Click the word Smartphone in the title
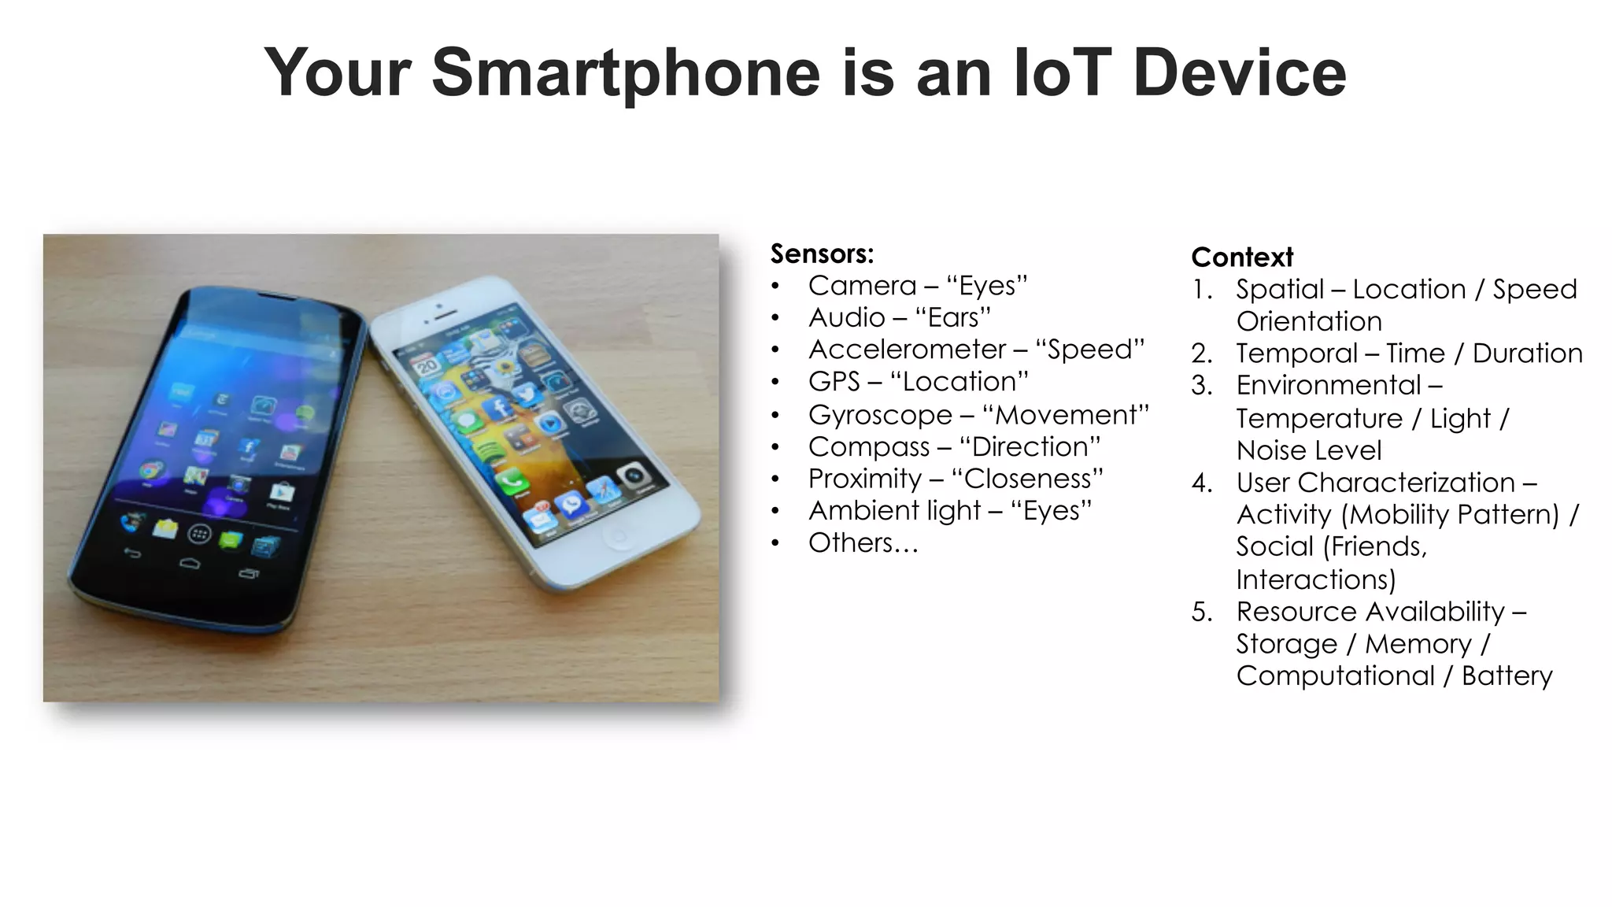[x=626, y=73]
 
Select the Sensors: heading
[x=822, y=254]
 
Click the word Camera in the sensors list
[x=862, y=286]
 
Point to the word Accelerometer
[x=907, y=350]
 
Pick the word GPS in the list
[x=834, y=382]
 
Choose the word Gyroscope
[x=880, y=415]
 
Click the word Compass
[x=869, y=447]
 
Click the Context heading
[x=1242, y=257]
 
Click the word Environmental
[x=1329, y=386]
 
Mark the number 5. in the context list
[x=1201, y=612]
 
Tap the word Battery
[x=1507, y=676]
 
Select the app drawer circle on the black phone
[x=199, y=535]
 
